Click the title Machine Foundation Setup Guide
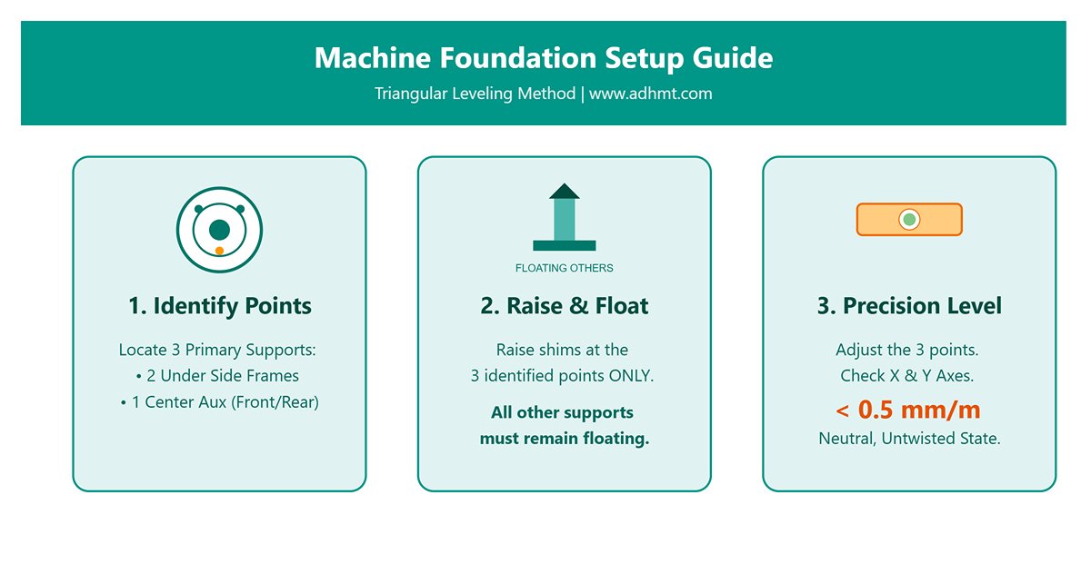544,58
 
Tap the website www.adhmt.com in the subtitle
650,94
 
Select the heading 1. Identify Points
219,306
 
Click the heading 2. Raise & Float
564,306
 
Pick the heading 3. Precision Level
909,306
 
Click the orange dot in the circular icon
219,251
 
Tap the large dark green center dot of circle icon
219,230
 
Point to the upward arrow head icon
564,191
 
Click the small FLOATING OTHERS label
564,268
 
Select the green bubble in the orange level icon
909,220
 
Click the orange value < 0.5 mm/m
909,410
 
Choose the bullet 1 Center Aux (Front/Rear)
219,402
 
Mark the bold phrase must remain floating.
564,440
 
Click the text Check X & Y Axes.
909,376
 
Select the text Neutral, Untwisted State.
909,439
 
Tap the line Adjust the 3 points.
909,350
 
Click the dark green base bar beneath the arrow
564,245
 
